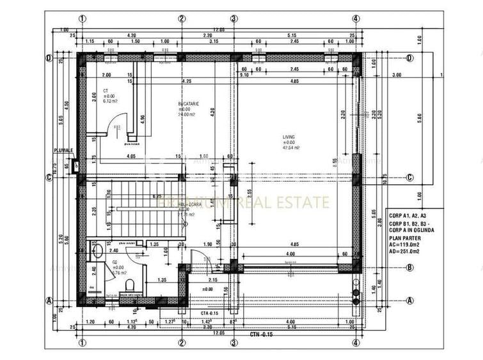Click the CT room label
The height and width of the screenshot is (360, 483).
pos(106,91)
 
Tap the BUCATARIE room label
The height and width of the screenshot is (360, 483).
pos(187,103)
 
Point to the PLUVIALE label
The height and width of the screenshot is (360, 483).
pos(65,152)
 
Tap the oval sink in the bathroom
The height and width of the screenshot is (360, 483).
pos(97,251)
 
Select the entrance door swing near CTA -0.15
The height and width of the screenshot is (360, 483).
pos(201,258)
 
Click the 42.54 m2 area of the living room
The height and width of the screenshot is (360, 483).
pos(294,148)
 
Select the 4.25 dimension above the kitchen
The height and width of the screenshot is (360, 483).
pos(186,81)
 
